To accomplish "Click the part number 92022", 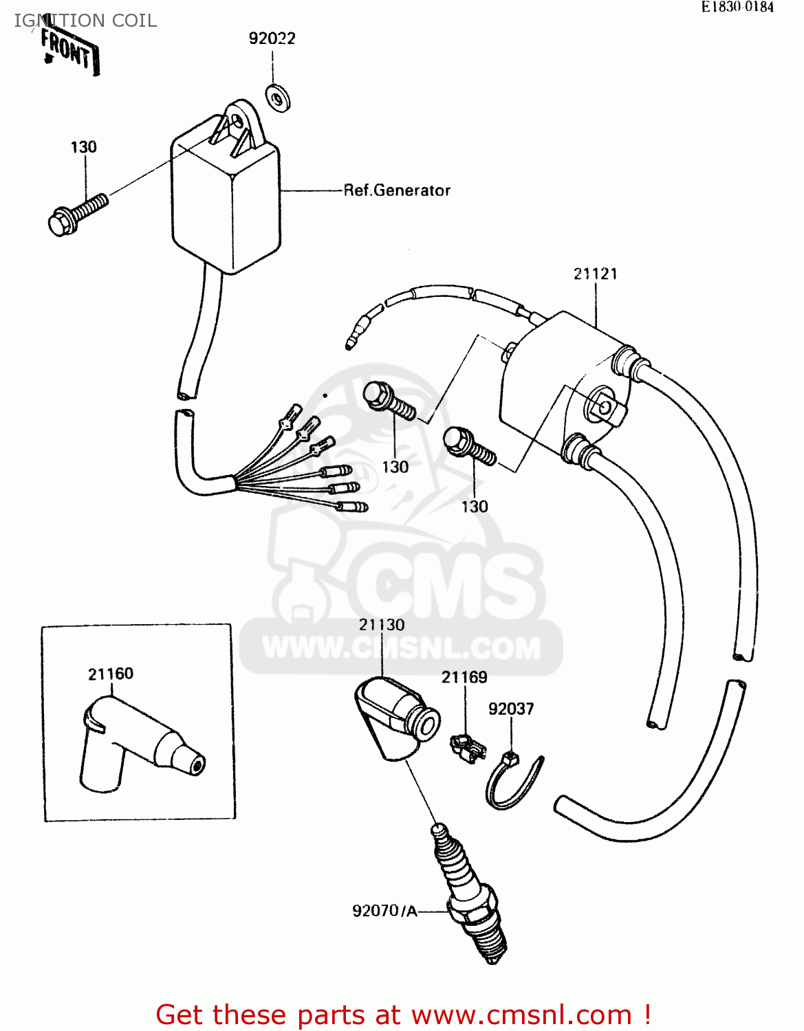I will click(x=272, y=38).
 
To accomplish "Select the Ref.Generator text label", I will click(x=397, y=190).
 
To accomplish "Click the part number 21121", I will click(x=596, y=274).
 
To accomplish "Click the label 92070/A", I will click(x=384, y=911).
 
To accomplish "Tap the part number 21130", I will click(x=382, y=625).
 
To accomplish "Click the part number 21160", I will click(x=111, y=674).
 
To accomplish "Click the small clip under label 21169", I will click(x=468, y=747).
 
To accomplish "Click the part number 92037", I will click(x=511, y=709).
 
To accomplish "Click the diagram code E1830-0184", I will click(x=737, y=7).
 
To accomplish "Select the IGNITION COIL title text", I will click(x=85, y=21).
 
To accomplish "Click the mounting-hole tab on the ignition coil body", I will click(x=605, y=408).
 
